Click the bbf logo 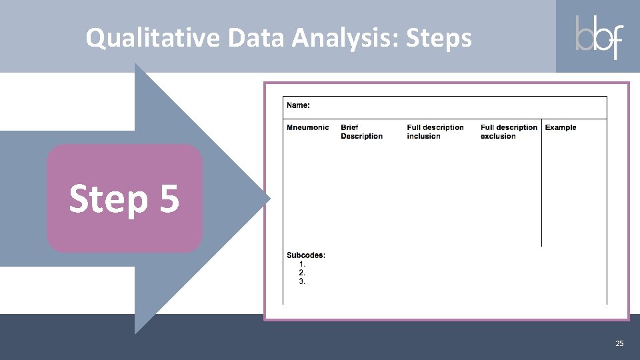point(598,37)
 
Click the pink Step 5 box point(125,199)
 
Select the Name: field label point(298,105)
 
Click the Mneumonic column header point(307,127)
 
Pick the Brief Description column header point(361,132)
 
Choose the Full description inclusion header point(435,132)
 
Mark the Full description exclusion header point(509,132)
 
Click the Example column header point(561,127)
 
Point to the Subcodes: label point(306,255)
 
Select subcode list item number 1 point(302,264)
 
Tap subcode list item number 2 point(302,273)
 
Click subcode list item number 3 point(302,281)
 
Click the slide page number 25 point(619,343)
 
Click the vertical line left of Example point(541,187)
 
